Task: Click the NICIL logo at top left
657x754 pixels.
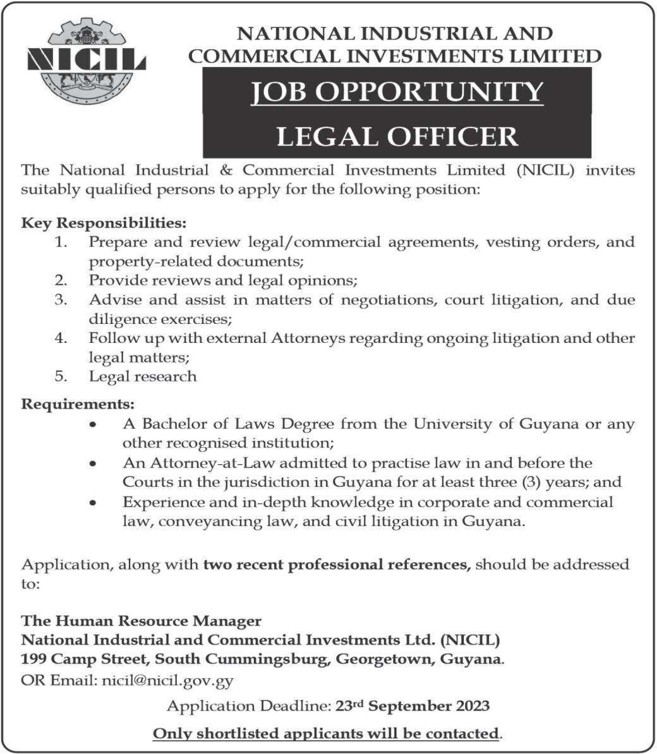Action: [x=87, y=62]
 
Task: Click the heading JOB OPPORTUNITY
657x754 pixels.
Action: [x=397, y=92]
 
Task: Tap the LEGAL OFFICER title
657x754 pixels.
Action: [x=397, y=136]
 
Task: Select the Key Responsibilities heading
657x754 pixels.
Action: [x=104, y=223]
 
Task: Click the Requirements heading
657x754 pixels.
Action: [x=78, y=404]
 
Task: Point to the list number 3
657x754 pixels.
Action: [x=61, y=299]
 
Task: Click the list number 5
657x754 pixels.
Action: [x=61, y=376]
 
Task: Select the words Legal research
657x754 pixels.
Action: [x=143, y=376]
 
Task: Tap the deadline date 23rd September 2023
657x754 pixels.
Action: [x=413, y=705]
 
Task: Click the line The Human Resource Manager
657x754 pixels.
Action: [x=141, y=621]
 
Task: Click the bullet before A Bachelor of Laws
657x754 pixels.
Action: [x=93, y=425]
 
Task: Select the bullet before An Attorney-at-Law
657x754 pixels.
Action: [x=93, y=464]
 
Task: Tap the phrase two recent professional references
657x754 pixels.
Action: [x=337, y=564]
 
